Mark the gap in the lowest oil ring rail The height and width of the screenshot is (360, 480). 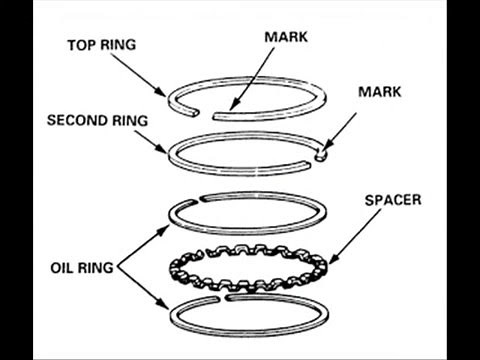pyautogui.click(x=226, y=297)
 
